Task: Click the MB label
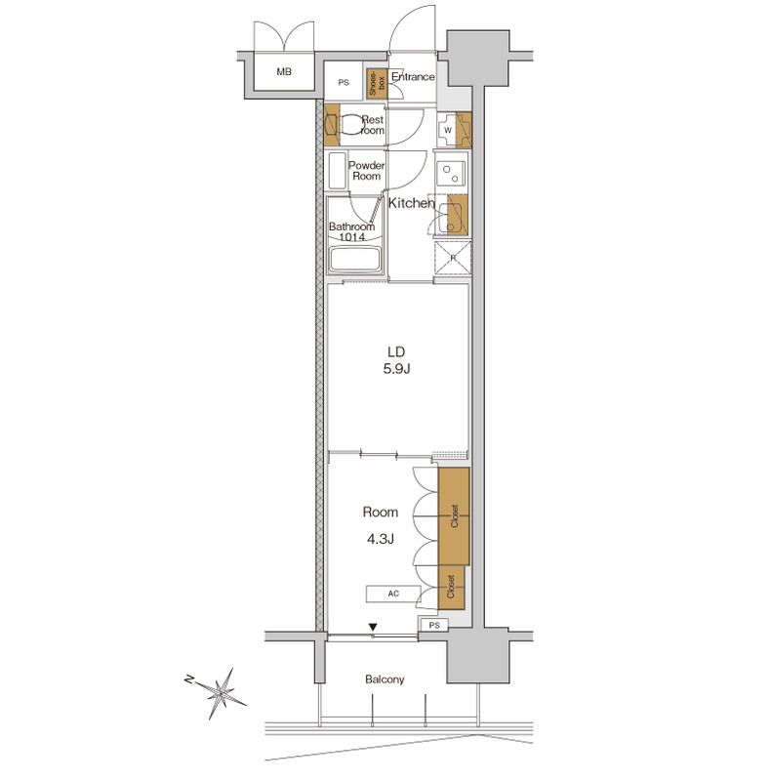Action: pyautogui.click(x=284, y=71)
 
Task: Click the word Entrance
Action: pyautogui.click(x=413, y=77)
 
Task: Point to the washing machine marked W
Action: pyautogui.click(x=448, y=130)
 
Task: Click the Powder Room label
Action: pyautogui.click(x=367, y=170)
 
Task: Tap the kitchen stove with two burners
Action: pyautogui.click(x=451, y=174)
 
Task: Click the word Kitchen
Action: pyautogui.click(x=412, y=203)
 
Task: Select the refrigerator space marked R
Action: pyautogui.click(x=453, y=258)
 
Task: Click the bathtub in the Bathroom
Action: pyautogui.click(x=355, y=260)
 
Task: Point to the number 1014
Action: pyautogui.click(x=352, y=237)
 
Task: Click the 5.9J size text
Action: pyautogui.click(x=396, y=369)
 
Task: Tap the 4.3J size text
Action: pyautogui.click(x=381, y=539)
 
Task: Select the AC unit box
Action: pyautogui.click(x=393, y=594)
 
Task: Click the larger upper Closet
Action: pyautogui.click(x=454, y=516)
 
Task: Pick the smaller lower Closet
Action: pyautogui.click(x=451, y=588)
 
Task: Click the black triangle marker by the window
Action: pyautogui.click(x=373, y=627)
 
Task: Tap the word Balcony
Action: pyautogui.click(x=385, y=679)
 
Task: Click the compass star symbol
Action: pyautogui.click(x=222, y=692)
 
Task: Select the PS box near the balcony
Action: pyautogui.click(x=434, y=625)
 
